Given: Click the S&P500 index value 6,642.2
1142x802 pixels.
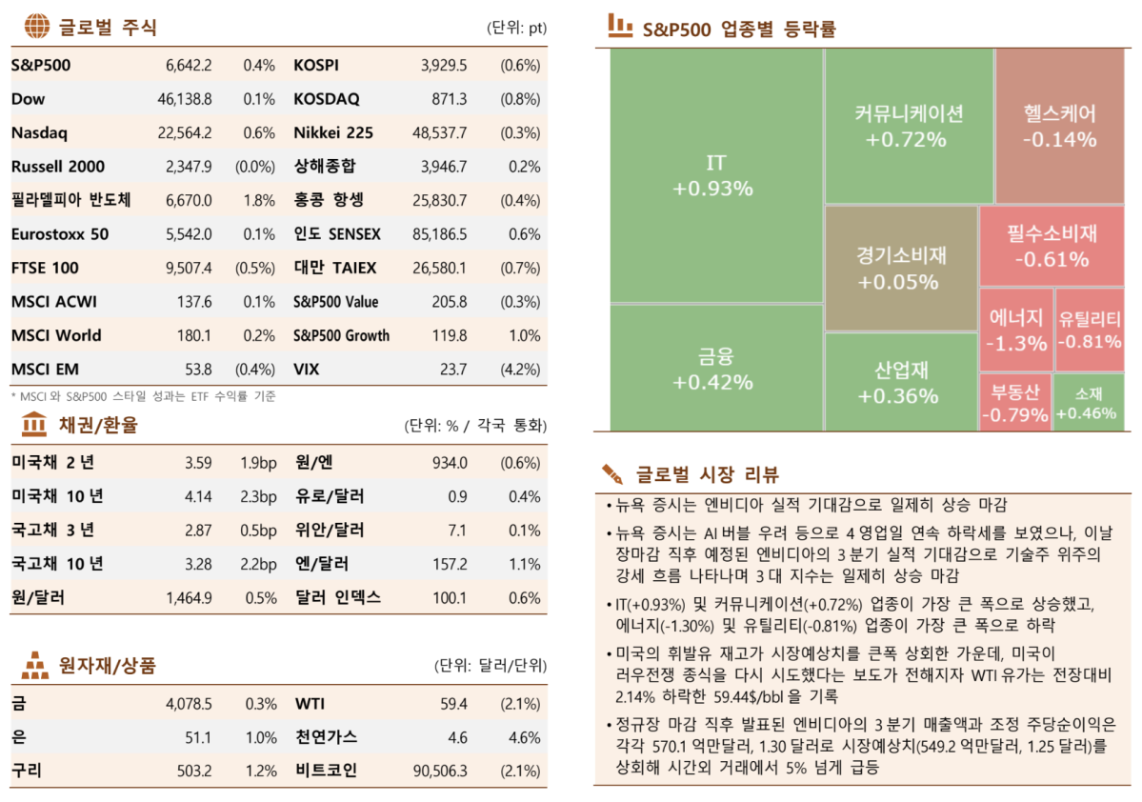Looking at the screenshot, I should [x=189, y=66].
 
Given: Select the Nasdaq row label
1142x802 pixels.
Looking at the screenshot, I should [x=39, y=133].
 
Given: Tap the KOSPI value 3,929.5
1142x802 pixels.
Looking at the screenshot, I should [x=444, y=66].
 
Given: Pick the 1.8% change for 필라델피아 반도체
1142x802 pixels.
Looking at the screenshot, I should [x=259, y=200].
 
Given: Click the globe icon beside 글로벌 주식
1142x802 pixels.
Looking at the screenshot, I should [x=36, y=27].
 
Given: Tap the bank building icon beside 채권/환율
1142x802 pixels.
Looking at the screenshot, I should [x=33, y=425].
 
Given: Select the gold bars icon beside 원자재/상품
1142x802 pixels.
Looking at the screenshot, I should [x=34, y=664].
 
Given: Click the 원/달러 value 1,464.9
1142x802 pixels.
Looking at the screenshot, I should [x=189, y=598].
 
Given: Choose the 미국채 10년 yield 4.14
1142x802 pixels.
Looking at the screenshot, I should [x=198, y=496].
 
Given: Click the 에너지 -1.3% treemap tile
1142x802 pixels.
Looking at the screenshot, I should [x=1015, y=330].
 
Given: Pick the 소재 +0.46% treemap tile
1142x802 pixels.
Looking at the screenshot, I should [x=1090, y=403].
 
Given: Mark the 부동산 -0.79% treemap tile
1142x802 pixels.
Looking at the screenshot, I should [x=1015, y=403].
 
